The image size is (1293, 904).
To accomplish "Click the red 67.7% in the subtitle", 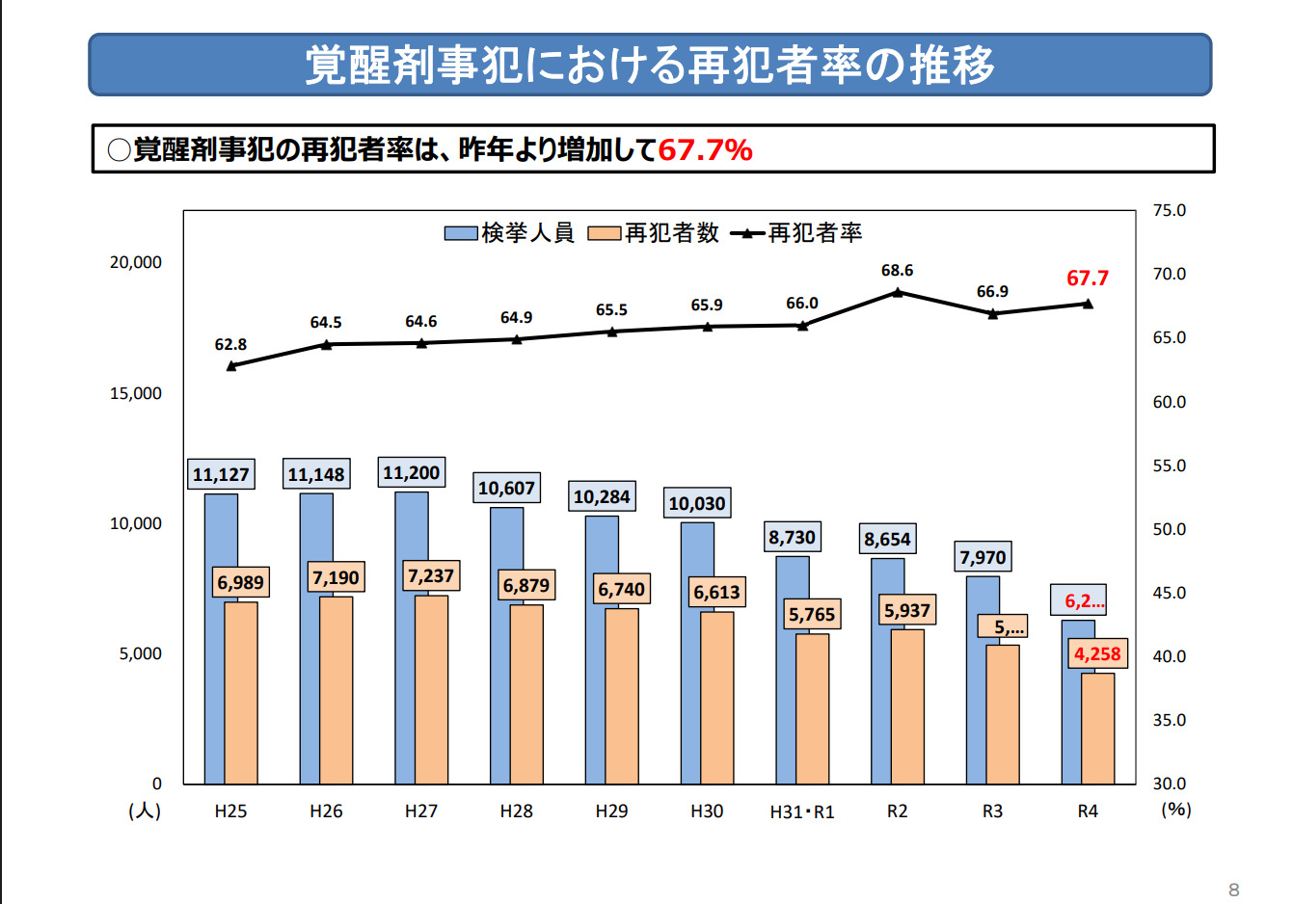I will pyautogui.click(x=705, y=149).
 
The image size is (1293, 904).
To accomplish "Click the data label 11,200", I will pyautogui.click(x=412, y=472).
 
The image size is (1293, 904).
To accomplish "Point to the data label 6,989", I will pyautogui.click(x=240, y=582).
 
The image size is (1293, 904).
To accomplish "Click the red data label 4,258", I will pyautogui.click(x=1097, y=654).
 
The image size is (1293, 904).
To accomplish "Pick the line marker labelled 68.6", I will pyautogui.click(x=898, y=292).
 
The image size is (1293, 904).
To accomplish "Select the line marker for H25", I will pyautogui.click(x=231, y=366).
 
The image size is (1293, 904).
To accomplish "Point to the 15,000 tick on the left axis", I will pyautogui.click(x=136, y=393).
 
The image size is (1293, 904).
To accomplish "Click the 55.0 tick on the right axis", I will pyautogui.click(x=1169, y=465).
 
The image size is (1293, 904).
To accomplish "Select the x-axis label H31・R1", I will pyautogui.click(x=802, y=811).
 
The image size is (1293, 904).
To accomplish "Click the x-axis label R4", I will pyautogui.click(x=1088, y=811).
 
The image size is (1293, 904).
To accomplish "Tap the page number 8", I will pyautogui.click(x=1234, y=890).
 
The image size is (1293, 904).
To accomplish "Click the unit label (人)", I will pyautogui.click(x=145, y=811).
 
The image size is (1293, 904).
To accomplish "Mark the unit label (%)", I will pyautogui.click(x=1176, y=810).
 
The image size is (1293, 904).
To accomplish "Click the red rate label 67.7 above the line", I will pyautogui.click(x=1088, y=279).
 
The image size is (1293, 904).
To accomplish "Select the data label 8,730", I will pyautogui.click(x=793, y=537).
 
